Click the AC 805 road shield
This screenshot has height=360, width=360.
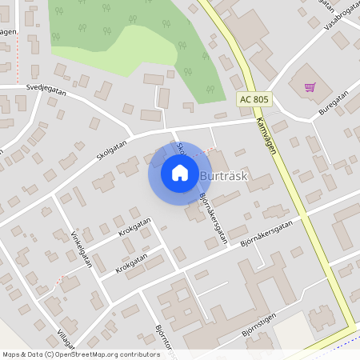click(x=254, y=100)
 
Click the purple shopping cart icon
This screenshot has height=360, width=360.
click(x=310, y=86)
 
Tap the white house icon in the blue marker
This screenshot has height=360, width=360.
click(x=180, y=173)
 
